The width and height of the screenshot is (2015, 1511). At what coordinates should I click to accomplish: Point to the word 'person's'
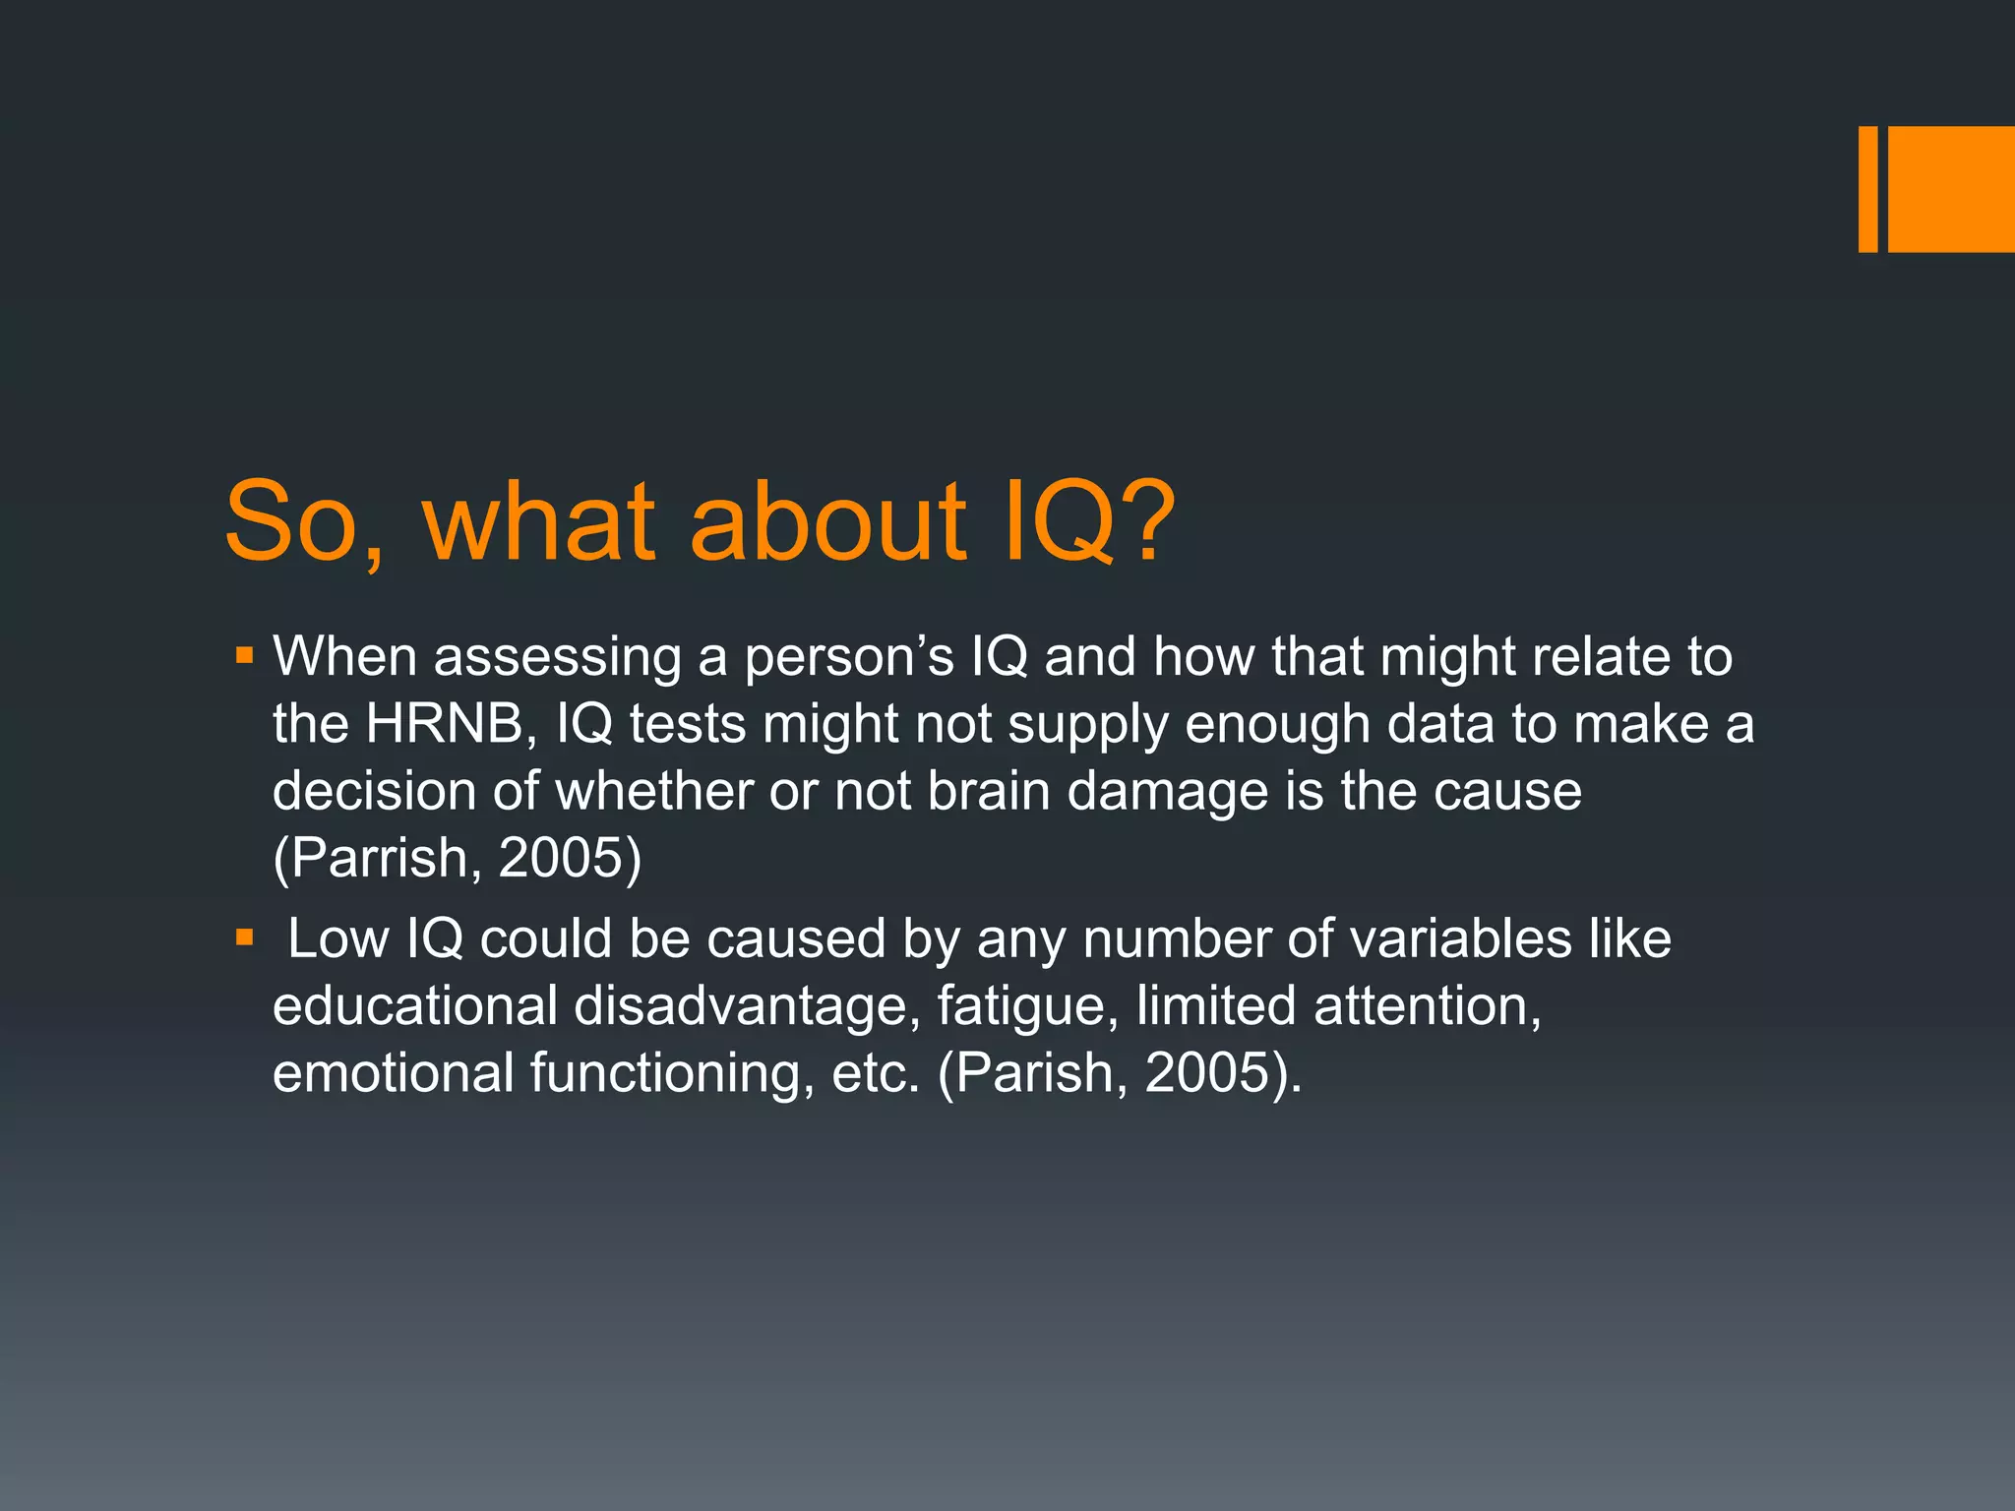tap(849, 657)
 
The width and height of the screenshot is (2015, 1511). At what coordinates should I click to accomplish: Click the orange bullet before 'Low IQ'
tap(245, 938)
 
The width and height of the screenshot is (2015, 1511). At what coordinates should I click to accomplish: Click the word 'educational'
tap(415, 1005)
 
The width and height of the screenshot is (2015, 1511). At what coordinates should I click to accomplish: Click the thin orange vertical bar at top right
tap(1867, 189)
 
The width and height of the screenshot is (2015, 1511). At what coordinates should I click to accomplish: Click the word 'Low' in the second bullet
tap(337, 938)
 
